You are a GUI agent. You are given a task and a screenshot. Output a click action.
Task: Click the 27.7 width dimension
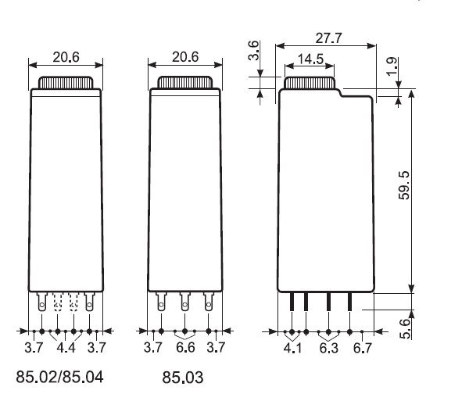328,38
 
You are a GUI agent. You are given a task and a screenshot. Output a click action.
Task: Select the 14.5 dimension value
310,59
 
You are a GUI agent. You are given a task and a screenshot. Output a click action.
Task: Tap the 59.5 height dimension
404,185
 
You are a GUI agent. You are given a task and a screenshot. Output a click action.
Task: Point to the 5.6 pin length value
405,328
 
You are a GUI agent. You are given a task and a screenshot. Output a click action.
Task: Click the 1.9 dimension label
392,66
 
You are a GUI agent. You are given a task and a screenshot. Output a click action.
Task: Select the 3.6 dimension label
253,51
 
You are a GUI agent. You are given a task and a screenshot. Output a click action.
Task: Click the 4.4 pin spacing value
66,348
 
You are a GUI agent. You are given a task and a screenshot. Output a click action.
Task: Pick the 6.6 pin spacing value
185,348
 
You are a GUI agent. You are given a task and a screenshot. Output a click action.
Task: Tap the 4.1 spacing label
292,348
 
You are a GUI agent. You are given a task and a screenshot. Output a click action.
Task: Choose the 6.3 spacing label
329,348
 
